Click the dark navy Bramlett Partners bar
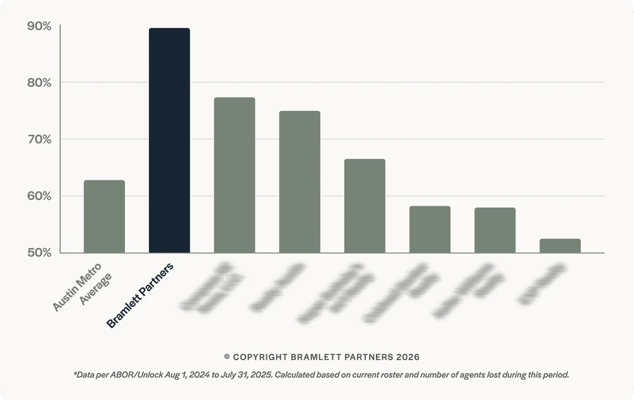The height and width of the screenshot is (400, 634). pos(169,141)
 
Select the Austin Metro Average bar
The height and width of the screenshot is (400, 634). pos(104,216)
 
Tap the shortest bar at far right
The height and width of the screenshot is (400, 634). pos(560,246)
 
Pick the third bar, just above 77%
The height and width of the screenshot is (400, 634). pos(235,175)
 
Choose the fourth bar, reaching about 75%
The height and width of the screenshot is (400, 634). pos(299,182)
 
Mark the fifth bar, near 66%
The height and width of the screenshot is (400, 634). pos(365,206)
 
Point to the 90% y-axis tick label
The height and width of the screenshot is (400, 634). pos(39,27)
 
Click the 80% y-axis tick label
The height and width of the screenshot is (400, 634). pos(39,83)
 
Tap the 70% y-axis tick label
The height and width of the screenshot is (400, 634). pos(39,139)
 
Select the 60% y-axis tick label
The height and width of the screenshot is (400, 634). pos(39,196)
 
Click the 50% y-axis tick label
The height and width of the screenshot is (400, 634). pos(39,253)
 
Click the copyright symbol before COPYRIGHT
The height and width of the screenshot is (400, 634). pos(227,358)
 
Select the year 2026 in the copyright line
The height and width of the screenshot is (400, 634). pos(408,358)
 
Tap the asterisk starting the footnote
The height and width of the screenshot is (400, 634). pos(75,373)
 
